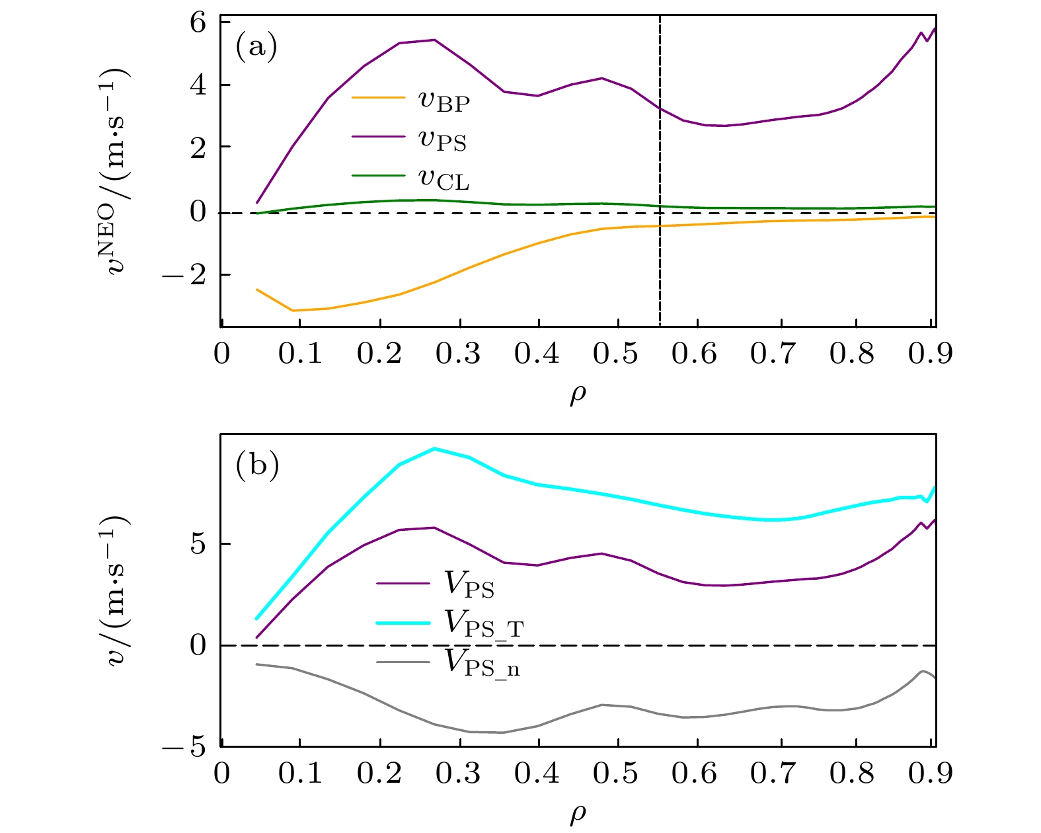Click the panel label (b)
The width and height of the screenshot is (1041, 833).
click(x=257, y=465)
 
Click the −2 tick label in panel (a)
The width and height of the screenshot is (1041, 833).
click(x=189, y=274)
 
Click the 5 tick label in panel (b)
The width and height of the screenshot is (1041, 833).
click(x=198, y=544)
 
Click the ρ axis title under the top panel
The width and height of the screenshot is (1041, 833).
click(x=578, y=395)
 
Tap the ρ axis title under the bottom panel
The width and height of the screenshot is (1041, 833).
click(x=578, y=814)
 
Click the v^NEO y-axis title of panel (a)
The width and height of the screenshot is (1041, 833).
click(x=118, y=172)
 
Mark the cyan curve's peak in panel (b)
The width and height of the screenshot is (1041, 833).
click(x=434, y=449)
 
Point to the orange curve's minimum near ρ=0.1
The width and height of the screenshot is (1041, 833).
click(x=293, y=310)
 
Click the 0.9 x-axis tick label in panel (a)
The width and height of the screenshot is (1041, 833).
click(x=929, y=354)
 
